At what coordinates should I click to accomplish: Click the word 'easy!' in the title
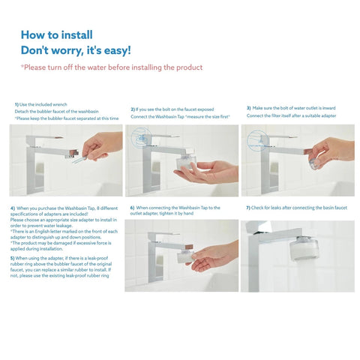[112, 51]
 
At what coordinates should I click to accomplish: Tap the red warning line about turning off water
[112, 67]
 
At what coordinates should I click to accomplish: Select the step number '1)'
[16, 104]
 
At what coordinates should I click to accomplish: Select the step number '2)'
[133, 109]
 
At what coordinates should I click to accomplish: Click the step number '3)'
[248, 109]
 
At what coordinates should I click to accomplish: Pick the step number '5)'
[13, 257]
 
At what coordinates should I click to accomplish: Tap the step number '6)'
[133, 207]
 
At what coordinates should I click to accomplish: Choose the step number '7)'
[248, 207]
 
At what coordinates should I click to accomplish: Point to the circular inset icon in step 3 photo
[257, 138]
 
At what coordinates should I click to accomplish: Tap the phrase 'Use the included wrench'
[46, 104]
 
